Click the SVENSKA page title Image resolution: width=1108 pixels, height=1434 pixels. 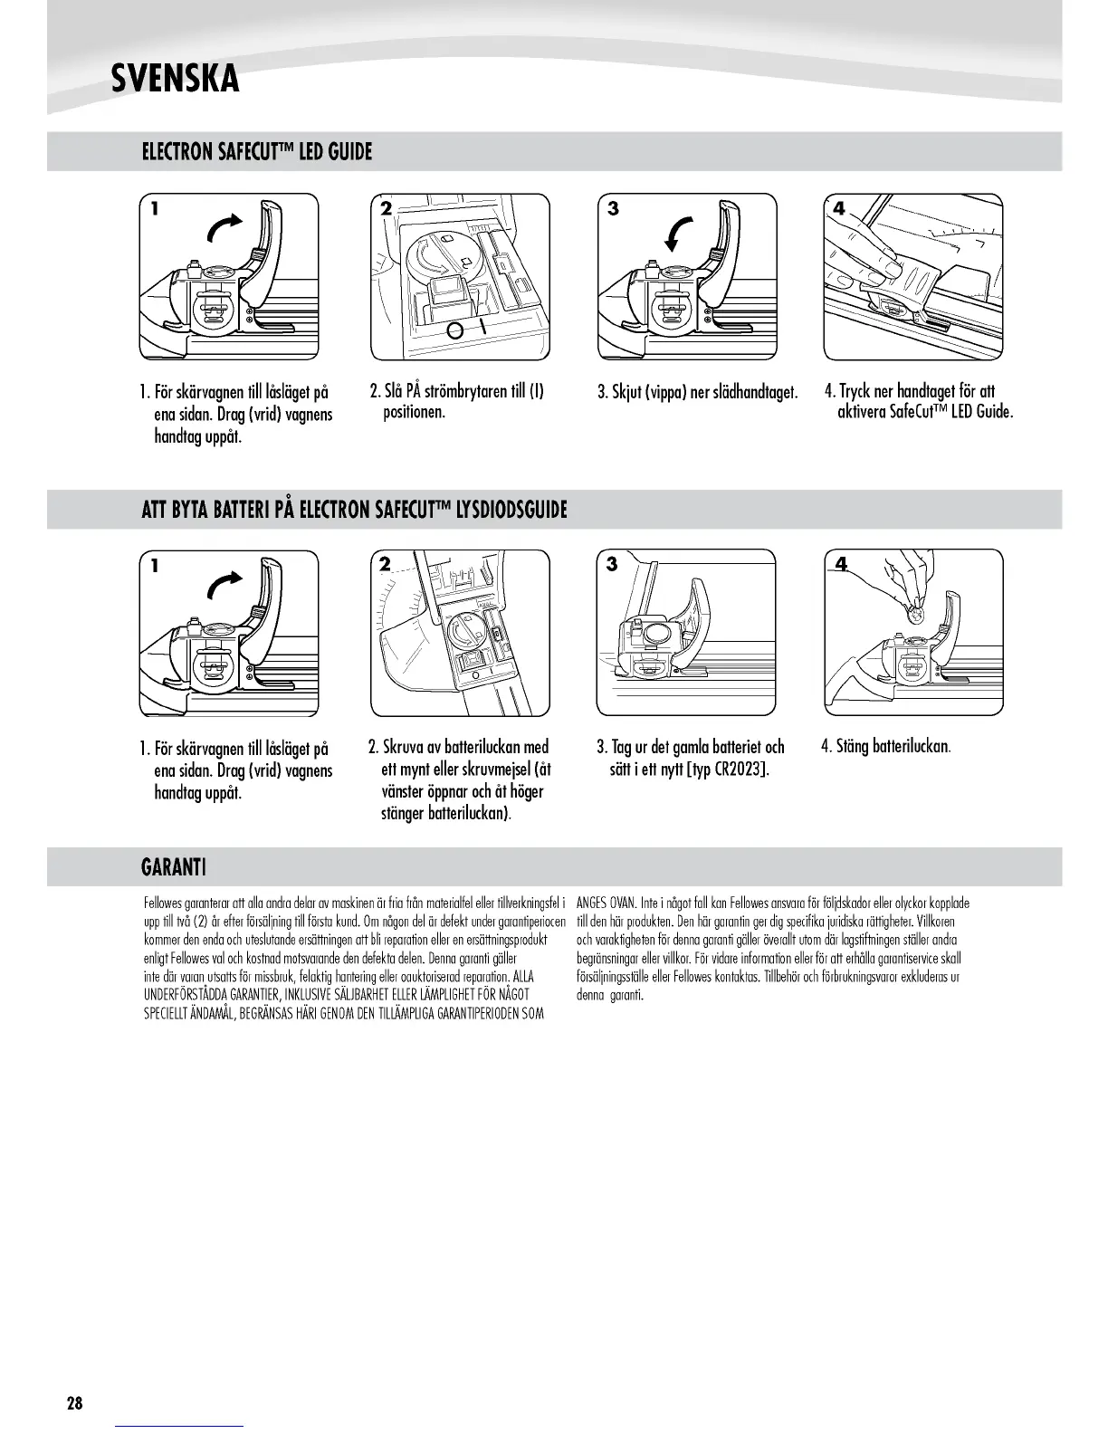pos(175,79)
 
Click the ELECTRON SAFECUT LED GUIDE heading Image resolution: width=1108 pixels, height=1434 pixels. pos(257,151)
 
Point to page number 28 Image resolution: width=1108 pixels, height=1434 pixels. pos(74,1404)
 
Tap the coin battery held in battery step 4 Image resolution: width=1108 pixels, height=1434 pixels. pos(916,615)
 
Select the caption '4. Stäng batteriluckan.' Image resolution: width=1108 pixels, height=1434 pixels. pos(885,748)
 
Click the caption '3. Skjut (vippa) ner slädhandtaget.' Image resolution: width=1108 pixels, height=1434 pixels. pos(697,393)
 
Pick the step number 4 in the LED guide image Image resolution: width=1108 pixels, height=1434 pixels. pos(839,209)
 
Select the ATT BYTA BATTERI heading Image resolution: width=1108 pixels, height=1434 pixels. pos(354,510)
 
